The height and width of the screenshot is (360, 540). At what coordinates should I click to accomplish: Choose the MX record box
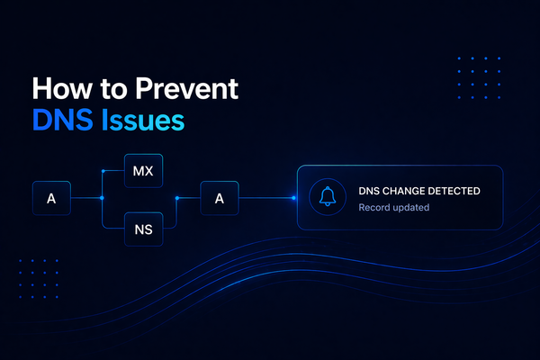[143, 171]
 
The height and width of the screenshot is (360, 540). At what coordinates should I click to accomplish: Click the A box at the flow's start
[51, 198]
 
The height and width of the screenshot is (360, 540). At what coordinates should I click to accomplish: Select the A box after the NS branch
[219, 198]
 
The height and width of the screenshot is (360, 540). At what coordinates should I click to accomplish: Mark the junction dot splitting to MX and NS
[103, 198]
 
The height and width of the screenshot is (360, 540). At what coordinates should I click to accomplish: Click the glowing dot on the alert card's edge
[296, 198]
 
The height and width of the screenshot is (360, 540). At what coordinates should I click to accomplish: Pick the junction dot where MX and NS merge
[176, 198]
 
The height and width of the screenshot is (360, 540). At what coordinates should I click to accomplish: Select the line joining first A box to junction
[86, 198]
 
